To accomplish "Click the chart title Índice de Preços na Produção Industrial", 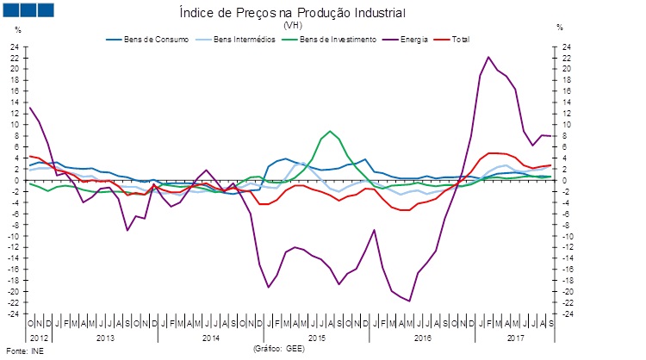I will pos(291,12).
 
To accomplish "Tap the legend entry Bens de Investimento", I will pos(330,40).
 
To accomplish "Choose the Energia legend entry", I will pos(413,40).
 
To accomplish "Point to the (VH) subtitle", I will pos(291,25).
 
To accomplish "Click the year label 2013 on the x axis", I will pos(105,337).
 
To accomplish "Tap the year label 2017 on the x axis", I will pos(515,337).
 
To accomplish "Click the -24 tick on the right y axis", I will pos(565,313).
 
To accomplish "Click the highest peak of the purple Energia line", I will pos(488,57).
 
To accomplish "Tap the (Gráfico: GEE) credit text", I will pos(280,348).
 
